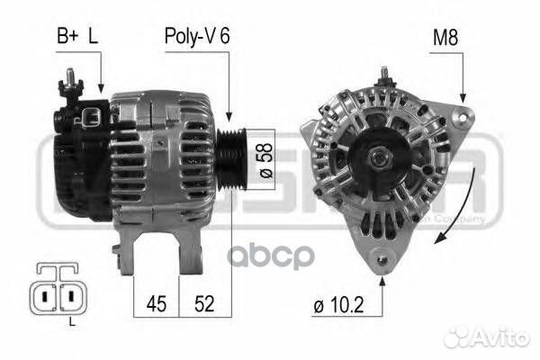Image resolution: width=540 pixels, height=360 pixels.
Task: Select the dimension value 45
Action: [x=157, y=304]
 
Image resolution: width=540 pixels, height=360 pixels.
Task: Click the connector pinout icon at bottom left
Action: [x=57, y=290]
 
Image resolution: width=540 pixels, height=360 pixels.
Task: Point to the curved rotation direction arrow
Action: [x=452, y=212]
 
